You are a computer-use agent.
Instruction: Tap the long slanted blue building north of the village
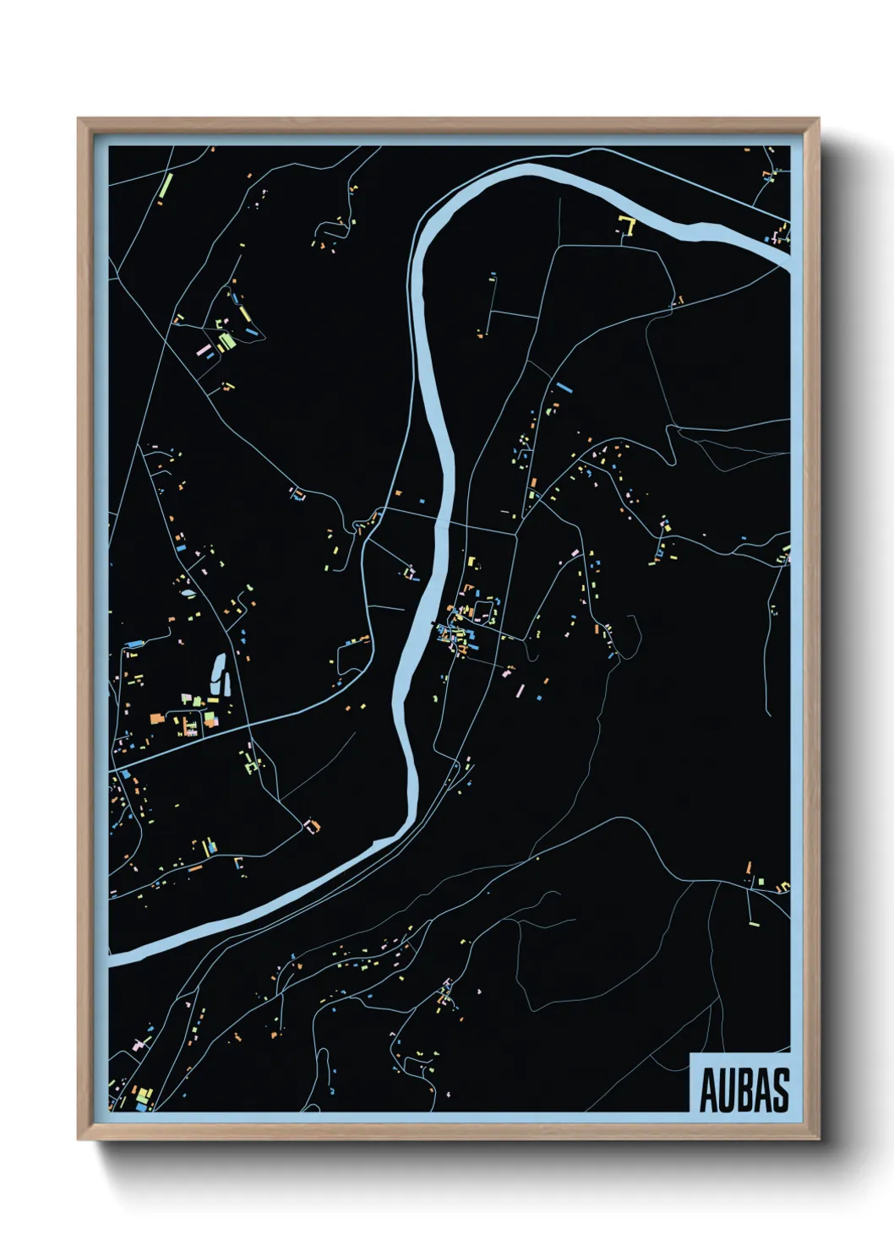[564, 388]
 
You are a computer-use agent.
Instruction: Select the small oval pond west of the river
[186, 591]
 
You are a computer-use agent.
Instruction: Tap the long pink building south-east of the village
[520, 690]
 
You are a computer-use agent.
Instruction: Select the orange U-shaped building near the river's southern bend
[313, 824]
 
